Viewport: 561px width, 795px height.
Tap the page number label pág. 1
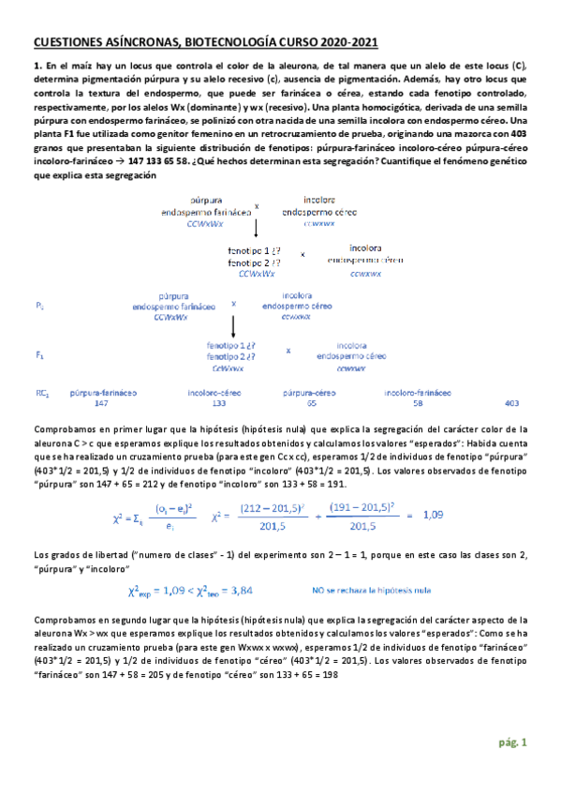click(512, 743)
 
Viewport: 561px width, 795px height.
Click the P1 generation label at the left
click(39, 307)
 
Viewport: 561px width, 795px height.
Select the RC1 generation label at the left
click(41, 393)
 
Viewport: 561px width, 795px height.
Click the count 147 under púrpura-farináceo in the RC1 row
click(103, 403)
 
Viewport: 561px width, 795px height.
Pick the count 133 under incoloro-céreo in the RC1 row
click(219, 403)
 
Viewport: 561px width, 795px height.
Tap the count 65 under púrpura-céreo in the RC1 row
click(311, 403)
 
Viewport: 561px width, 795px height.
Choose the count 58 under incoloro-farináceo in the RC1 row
click(417, 403)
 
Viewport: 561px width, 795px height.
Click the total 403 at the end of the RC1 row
click(510, 403)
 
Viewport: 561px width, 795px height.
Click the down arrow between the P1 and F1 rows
click(234, 328)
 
